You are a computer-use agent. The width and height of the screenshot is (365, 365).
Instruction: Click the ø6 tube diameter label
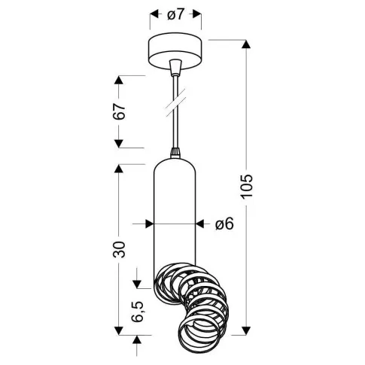tap(224, 224)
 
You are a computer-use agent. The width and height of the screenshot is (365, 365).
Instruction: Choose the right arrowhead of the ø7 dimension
tap(201, 13)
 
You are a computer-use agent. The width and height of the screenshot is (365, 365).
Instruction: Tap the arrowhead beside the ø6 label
tap(201, 224)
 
